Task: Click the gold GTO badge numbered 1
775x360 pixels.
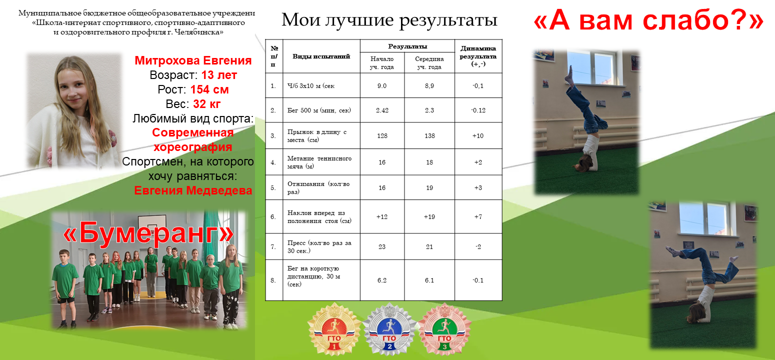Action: click(x=334, y=329)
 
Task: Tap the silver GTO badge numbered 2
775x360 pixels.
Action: click(x=389, y=329)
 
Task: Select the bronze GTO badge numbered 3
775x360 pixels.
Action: click(x=444, y=329)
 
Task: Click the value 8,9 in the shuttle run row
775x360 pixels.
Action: click(x=429, y=86)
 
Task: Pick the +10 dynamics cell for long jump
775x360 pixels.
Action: click(x=478, y=135)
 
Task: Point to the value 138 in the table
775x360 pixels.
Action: click(x=429, y=135)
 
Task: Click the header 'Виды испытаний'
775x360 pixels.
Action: click(x=321, y=56)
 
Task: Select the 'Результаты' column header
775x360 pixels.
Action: click(x=407, y=46)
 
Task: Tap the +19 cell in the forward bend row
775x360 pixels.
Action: click(x=429, y=217)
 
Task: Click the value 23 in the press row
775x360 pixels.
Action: click(x=381, y=246)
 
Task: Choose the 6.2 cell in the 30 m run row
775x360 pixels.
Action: click(x=381, y=280)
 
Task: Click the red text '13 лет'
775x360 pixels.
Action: click(x=219, y=75)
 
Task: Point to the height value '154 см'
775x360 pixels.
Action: click(x=209, y=89)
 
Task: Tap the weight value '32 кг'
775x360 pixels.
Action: click(x=206, y=104)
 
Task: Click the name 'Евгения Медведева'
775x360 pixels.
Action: click(x=193, y=190)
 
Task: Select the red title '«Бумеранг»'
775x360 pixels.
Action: click(x=148, y=232)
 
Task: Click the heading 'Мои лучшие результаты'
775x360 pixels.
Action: click(x=389, y=19)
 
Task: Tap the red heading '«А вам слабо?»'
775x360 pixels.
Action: click(x=648, y=19)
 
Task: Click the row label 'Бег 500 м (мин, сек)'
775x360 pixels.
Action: click(x=319, y=110)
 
